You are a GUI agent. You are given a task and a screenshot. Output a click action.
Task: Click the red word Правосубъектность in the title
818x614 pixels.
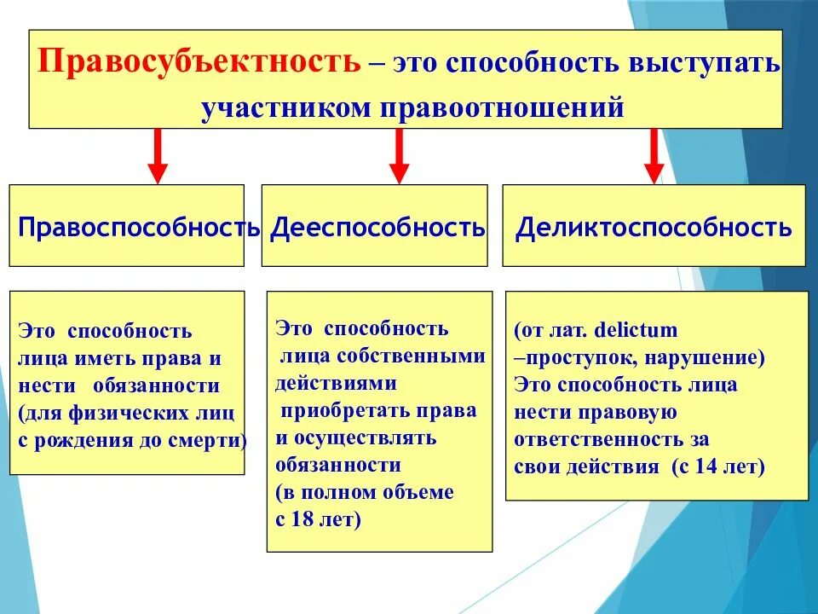coord(201,64)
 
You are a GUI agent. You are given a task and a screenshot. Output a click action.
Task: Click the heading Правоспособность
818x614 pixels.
coord(139,228)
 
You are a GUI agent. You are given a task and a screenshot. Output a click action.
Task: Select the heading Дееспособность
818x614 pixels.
coord(377,228)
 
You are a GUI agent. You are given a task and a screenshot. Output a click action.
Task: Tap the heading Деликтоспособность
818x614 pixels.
coord(654,228)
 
